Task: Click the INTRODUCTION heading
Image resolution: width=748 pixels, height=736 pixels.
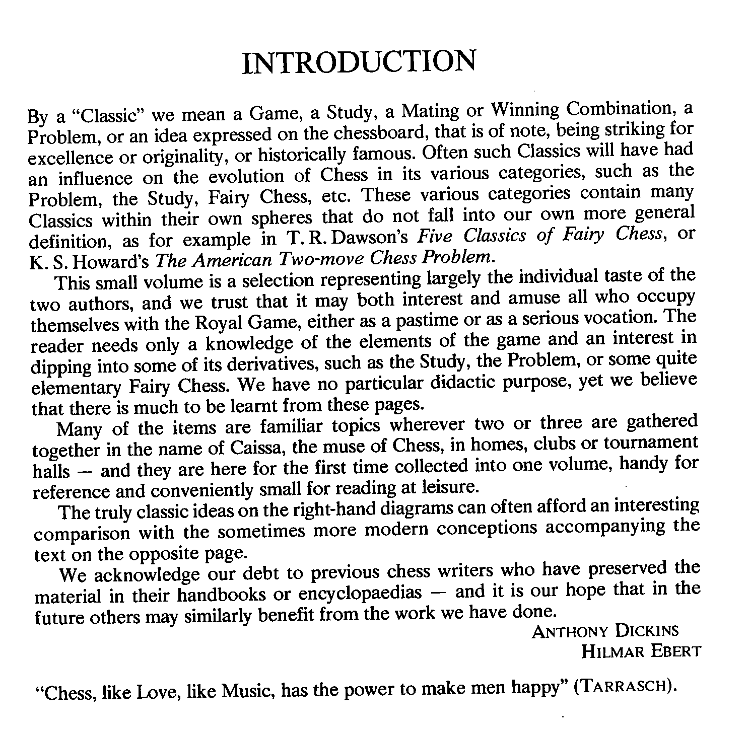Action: pyautogui.click(x=359, y=62)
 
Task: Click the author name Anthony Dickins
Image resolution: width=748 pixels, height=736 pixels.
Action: pyautogui.click(x=605, y=631)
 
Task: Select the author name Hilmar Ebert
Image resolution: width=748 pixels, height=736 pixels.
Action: pyautogui.click(x=641, y=652)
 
